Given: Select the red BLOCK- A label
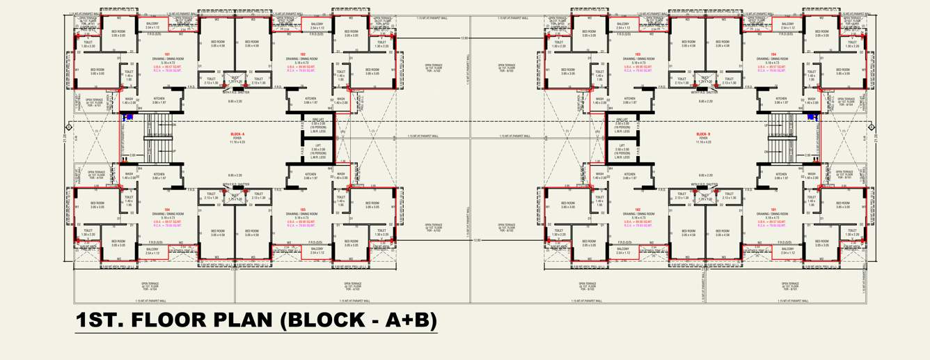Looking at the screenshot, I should coord(237,134).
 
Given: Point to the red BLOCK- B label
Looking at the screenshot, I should coord(702,134).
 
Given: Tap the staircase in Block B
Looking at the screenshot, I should coord(781,139).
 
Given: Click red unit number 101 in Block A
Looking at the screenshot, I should coord(167,54).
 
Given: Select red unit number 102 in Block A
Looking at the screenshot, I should coord(303,54).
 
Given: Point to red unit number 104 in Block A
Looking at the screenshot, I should coord(167,208).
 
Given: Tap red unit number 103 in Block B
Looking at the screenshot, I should coord(638,54).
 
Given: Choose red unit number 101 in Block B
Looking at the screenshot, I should coord(773,208).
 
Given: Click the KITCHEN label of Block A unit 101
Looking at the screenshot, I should coord(159,99).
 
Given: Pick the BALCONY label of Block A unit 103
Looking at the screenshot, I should coord(317,248).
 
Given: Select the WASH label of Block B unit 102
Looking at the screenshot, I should coord(599,174).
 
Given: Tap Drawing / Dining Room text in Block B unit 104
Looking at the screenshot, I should coord(773,59).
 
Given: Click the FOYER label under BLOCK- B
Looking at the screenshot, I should coord(702,138).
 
